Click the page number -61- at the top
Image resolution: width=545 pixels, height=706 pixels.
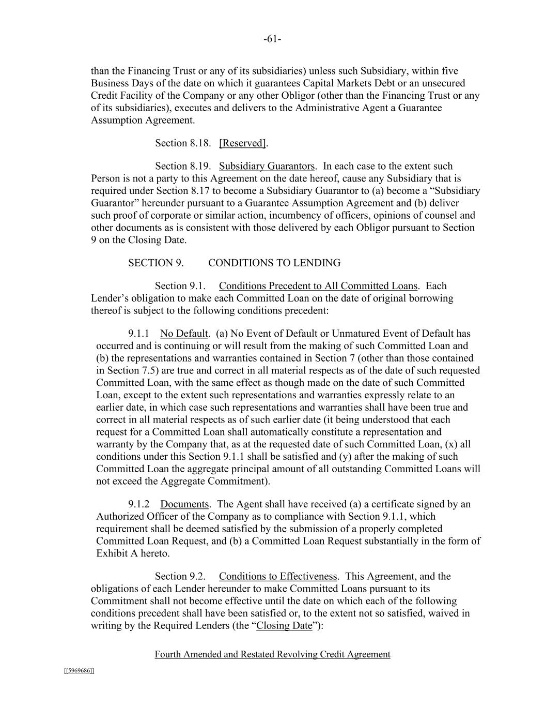point(272,39)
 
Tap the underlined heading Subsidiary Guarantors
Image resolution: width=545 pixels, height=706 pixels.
point(267,166)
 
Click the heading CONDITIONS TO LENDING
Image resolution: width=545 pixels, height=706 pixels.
point(274,263)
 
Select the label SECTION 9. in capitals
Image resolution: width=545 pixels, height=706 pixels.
point(155,263)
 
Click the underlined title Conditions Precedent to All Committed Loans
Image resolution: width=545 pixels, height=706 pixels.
point(318,286)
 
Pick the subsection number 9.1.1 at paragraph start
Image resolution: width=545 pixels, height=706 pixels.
point(139,334)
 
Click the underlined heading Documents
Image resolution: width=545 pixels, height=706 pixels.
point(184,504)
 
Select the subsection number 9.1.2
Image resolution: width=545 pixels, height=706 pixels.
point(139,504)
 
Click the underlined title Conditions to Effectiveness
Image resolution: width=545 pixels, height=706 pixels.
point(278,577)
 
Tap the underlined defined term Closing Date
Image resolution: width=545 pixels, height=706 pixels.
point(284,626)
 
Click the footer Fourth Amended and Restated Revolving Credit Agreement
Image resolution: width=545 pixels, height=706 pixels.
point(272,655)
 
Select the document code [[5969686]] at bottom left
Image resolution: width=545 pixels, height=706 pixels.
point(79,671)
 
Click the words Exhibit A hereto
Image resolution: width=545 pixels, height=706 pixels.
point(133,553)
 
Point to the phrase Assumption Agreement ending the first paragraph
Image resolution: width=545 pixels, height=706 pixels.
point(143,121)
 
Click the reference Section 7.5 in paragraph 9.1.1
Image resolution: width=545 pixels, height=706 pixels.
point(124,371)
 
